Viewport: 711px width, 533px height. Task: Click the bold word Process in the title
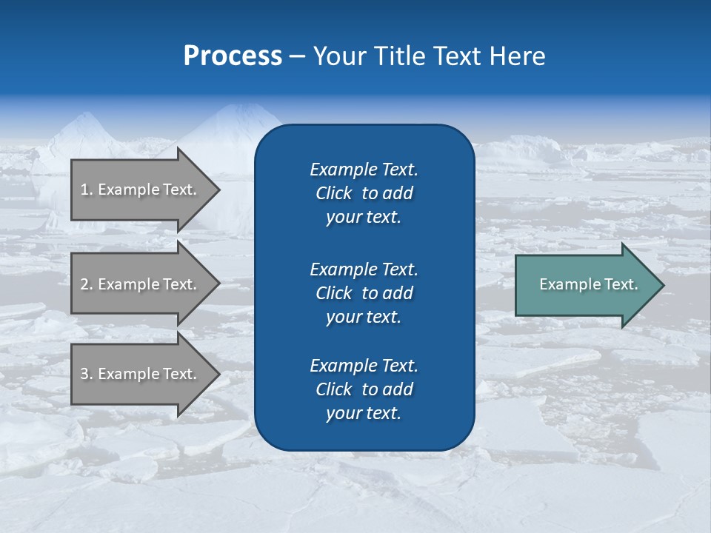233,56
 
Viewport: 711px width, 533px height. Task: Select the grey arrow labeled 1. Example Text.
141,190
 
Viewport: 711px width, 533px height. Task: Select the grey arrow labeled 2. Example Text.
141,284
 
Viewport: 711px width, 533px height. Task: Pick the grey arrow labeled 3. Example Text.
141,374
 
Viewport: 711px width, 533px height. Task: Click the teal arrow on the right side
585,284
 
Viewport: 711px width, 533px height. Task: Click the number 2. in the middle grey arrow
87,284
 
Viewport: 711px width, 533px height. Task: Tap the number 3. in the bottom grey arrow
87,374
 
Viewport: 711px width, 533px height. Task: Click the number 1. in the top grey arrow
87,190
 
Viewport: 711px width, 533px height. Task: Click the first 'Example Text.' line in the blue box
364,170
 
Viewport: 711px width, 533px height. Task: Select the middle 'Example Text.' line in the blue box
364,269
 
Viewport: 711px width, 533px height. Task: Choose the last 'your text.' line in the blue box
364,414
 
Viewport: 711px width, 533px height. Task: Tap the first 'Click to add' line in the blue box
364,193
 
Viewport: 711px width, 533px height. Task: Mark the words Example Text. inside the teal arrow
588,284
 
